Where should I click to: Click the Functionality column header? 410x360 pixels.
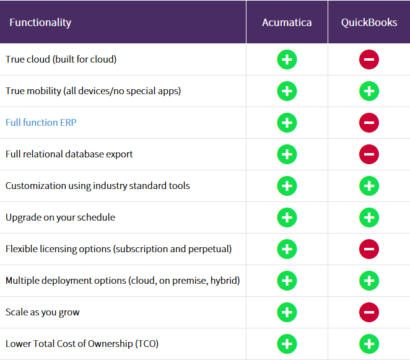(x=40, y=22)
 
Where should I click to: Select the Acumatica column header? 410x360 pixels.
(x=287, y=22)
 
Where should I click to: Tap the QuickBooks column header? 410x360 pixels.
(x=369, y=22)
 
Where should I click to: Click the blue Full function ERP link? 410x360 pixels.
(x=41, y=123)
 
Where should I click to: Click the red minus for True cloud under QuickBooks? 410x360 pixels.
(x=369, y=60)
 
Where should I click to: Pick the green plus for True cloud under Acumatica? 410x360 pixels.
(x=287, y=60)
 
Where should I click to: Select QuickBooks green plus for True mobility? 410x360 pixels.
(x=369, y=91)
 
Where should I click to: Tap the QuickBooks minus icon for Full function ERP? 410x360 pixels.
(x=369, y=123)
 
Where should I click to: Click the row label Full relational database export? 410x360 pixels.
(x=69, y=154)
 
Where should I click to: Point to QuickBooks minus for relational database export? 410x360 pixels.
(x=369, y=154)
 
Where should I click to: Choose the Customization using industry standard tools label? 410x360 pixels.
(x=98, y=186)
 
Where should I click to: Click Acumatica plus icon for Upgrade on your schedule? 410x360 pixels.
(x=287, y=217)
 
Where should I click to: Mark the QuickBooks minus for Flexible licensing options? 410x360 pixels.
(x=369, y=249)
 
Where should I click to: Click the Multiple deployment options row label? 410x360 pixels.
(x=123, y=281)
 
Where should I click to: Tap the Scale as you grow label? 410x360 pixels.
(x=43, y=312)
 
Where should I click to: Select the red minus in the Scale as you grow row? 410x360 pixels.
(x=369, y=312)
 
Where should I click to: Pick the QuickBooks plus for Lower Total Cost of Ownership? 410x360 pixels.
(x=369, y=344)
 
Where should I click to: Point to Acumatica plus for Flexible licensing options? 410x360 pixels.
(x=287, y=249)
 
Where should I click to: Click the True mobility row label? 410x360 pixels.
(x=93, y=91)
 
